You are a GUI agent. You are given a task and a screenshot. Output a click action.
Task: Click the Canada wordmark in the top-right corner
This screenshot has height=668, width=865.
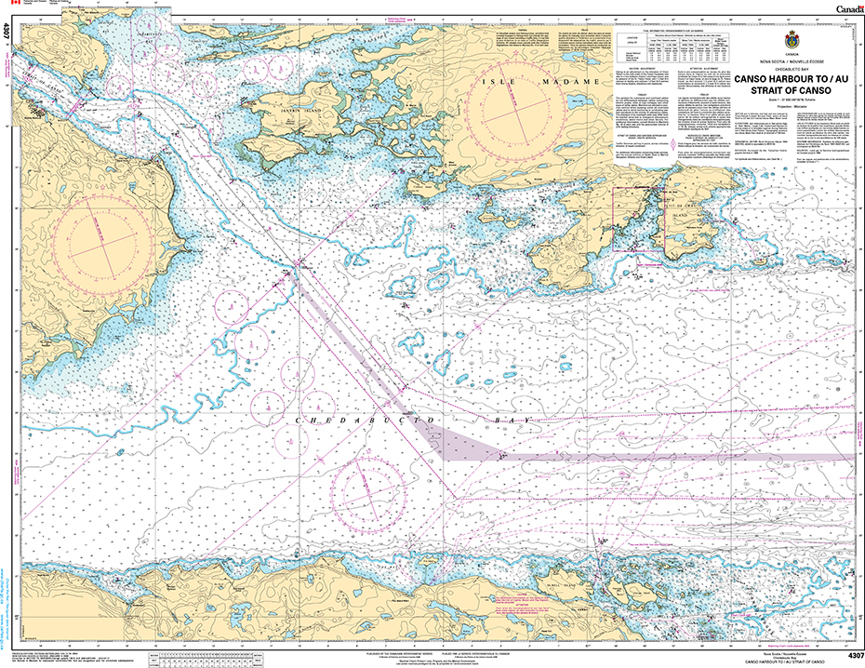point(843,8)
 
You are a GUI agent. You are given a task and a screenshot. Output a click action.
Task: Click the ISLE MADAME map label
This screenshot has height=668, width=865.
point(508,83)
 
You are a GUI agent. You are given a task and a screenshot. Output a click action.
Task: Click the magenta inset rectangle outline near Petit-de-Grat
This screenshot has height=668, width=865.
point(639,220)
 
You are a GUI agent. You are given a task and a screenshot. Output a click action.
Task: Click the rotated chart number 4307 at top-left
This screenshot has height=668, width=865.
point(7,33)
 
